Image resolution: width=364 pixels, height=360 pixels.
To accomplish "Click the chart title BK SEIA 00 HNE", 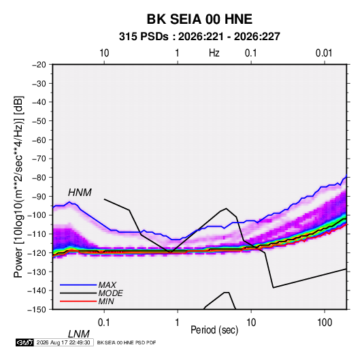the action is pos(199,19).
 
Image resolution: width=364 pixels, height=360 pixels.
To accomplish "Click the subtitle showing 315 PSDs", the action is pos(199,37).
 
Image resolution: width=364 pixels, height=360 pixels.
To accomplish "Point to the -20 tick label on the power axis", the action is pos(39,65).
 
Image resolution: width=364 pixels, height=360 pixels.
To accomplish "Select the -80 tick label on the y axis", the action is pos(39,178).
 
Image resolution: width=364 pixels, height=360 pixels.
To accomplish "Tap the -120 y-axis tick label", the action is pos(37,252).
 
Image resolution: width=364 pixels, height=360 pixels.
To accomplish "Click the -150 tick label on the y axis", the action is pos(37,310).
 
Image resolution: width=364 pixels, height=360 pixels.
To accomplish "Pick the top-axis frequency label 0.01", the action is pos(324,53).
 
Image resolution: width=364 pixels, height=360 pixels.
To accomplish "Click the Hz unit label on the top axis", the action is pos(214,53).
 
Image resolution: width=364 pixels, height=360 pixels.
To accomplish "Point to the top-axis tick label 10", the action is pos(104,53).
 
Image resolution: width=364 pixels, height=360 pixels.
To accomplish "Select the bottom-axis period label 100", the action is pos(325,323).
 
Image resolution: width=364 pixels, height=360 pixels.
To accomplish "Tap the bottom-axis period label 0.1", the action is pos(104,323).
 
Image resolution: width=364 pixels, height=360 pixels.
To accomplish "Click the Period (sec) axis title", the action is pos(214,330).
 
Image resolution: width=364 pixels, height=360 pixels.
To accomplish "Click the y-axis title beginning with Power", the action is pos(19,186).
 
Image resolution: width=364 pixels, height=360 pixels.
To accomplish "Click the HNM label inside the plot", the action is pos(80,193).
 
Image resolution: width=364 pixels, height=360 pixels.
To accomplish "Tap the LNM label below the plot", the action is pos(78,334).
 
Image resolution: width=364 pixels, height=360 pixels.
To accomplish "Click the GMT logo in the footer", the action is pos(24,342).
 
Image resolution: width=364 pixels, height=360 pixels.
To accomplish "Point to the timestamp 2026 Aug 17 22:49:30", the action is pos(63,342).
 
